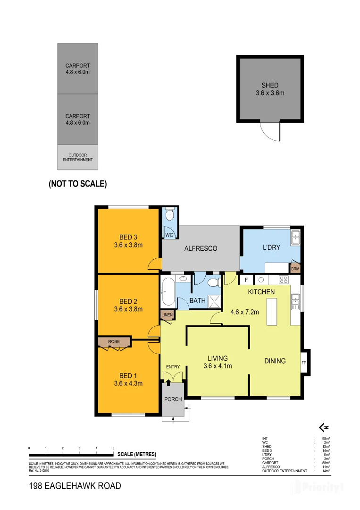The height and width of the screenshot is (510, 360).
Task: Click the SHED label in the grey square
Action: pyautogui.click(x=270, y=85)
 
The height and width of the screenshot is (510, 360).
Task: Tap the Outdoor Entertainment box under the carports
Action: pyautogui.click(x=78, y=157)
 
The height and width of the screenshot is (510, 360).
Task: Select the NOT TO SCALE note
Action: pyautogui.click(x=78, y=184)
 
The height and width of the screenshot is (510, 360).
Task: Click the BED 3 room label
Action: pyautogui.click(x=128, y=237)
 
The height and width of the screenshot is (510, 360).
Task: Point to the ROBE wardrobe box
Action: pyautogui.click(x=114, y=341)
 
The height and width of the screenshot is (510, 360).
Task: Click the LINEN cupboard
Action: pyautogui.click(x=167, y=315)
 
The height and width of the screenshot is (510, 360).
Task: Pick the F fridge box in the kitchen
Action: pyautogui.click(x=246, y=280)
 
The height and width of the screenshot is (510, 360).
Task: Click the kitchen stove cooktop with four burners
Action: pyautogui.click(x=284, y=280)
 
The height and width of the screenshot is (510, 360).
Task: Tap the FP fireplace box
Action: pyautogui.click(x=304, y=363)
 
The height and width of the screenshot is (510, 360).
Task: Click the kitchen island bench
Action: pyautogui.click(x=272, y=312)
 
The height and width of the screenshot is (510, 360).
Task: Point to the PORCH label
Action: pyautogui.click(x=173, y=399)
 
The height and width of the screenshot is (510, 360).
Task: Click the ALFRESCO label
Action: pyautogui.click(x=201, y=248)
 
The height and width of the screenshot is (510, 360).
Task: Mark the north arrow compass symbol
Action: pyautogui.click(x=324, y=428)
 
